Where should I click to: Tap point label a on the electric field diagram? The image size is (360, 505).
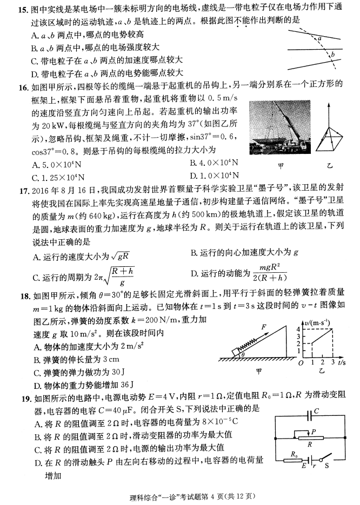click(x=320, y=39)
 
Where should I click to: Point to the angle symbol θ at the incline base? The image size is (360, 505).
click(x=243, y=355)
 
